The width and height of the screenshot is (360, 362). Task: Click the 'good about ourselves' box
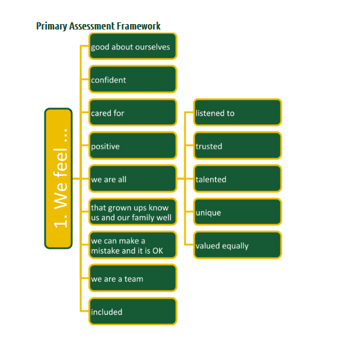click(x=132, y=46)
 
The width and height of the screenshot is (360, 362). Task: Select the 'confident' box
click(x=132, y=79)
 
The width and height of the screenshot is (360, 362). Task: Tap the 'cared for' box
click(x=132, y=113)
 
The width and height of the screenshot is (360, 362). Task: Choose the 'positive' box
click(x=132, y=146)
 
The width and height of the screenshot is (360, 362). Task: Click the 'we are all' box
click(x=132, y=179)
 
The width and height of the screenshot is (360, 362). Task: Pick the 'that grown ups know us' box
click(x=132, y=212)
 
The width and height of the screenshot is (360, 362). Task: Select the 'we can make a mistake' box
click(x=132, y=245)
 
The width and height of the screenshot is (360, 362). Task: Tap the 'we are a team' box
click(x=132, y=278)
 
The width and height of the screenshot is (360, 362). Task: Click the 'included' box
click(x=132, y=311)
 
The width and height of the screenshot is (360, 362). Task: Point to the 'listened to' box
click(x=237, y=113)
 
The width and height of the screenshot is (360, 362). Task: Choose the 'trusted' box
click(x=237, y=146)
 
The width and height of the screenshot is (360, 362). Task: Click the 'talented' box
click(x=237, y=179)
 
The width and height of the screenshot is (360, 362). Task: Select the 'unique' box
click(x=237, y=212)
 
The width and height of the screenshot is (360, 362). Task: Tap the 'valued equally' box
click(x=237, y=245)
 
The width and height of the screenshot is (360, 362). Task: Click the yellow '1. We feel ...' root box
click(x=58, y=178)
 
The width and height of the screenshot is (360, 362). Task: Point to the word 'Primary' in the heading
click(x=51, y=27)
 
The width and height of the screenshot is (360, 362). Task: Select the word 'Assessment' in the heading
click(x=92, y=26)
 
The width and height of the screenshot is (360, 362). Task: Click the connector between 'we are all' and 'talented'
click(x=185, y=179)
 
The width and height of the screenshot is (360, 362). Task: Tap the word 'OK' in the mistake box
click(x=158, y=251)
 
